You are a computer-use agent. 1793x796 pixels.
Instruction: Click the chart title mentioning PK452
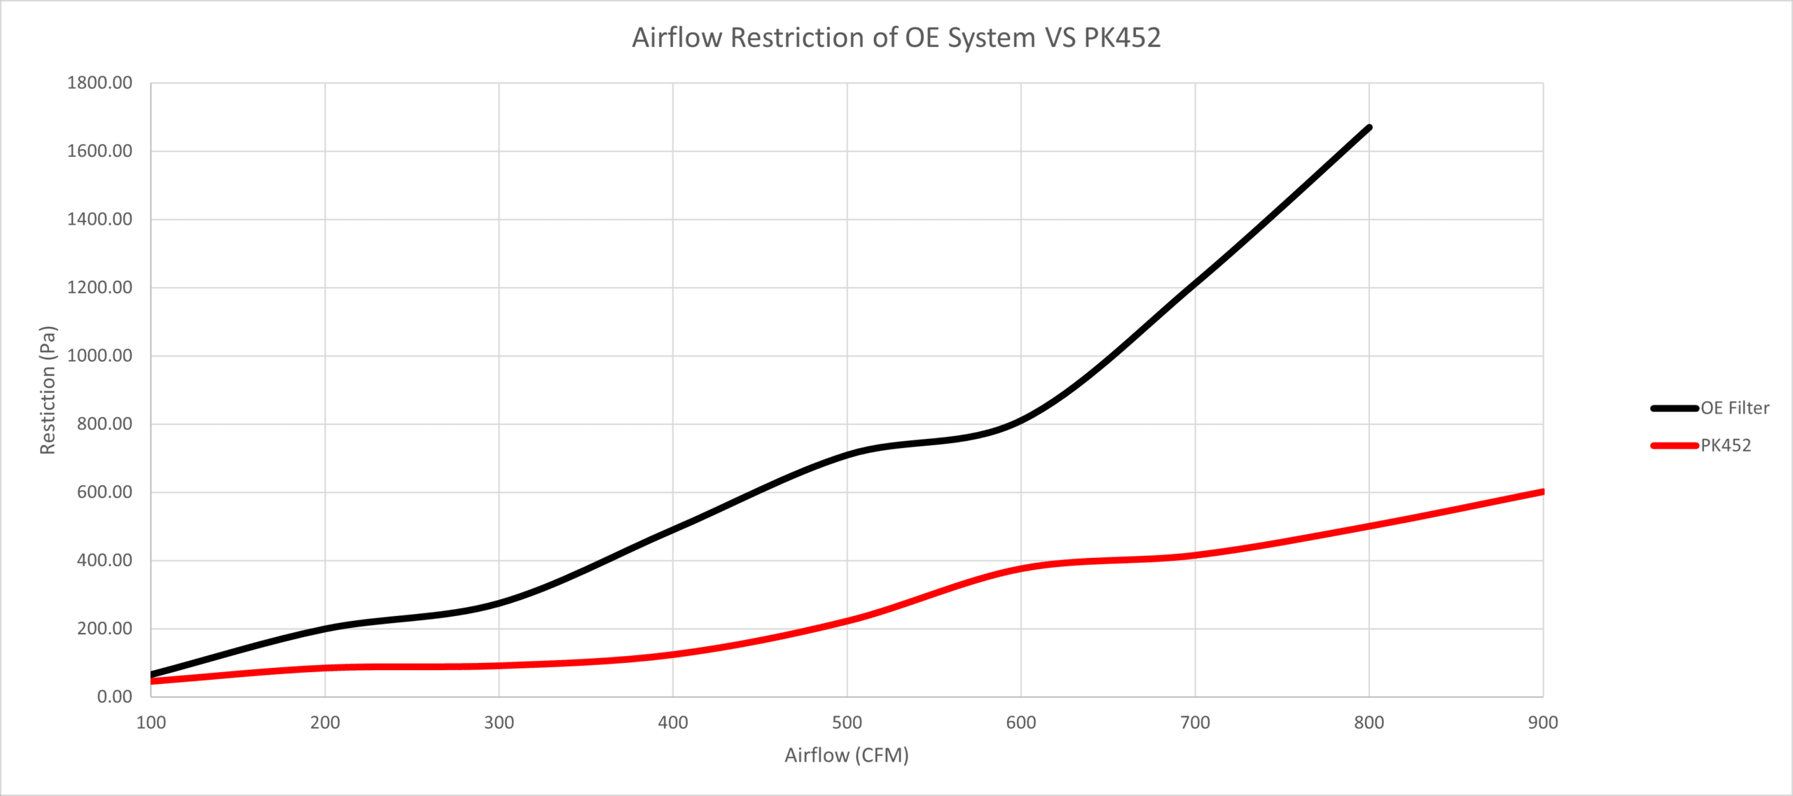[x=896, y=38]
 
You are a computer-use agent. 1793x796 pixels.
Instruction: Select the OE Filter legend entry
[x=1734, y=408]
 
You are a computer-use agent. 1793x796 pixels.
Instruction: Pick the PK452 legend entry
[x=1725, y=445]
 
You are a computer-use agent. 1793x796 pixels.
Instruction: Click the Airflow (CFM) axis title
[x=846, y=755]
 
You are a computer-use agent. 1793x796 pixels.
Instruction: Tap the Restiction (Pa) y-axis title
[x=48, y=390]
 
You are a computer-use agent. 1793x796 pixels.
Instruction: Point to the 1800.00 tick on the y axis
[x=99, y=83]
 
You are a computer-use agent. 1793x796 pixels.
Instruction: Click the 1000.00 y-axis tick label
[x=99, y=356]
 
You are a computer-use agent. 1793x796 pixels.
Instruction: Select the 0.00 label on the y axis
[x=114, y=697]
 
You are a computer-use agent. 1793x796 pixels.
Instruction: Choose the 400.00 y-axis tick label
[x=104, y=560]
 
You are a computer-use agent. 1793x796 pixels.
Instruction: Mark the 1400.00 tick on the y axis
[x=99, y=219]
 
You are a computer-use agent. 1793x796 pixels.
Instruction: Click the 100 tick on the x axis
[x=151, y=722]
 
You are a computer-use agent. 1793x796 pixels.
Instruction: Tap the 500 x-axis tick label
[x=847, y=722]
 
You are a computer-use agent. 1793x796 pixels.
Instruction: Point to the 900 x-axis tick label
[x=1543, y=722]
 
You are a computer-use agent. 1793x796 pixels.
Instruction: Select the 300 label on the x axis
[x=499, y=722]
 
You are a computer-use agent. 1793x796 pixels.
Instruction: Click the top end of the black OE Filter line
[x=1369, y=127]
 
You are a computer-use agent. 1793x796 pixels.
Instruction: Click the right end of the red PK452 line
[x=1542, y=492]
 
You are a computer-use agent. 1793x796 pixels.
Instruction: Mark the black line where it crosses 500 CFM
[x=847, y=455]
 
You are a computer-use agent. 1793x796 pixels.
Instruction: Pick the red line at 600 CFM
[x=1021, y=568]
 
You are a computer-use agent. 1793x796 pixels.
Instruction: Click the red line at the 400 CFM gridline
[x=673, y=655]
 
